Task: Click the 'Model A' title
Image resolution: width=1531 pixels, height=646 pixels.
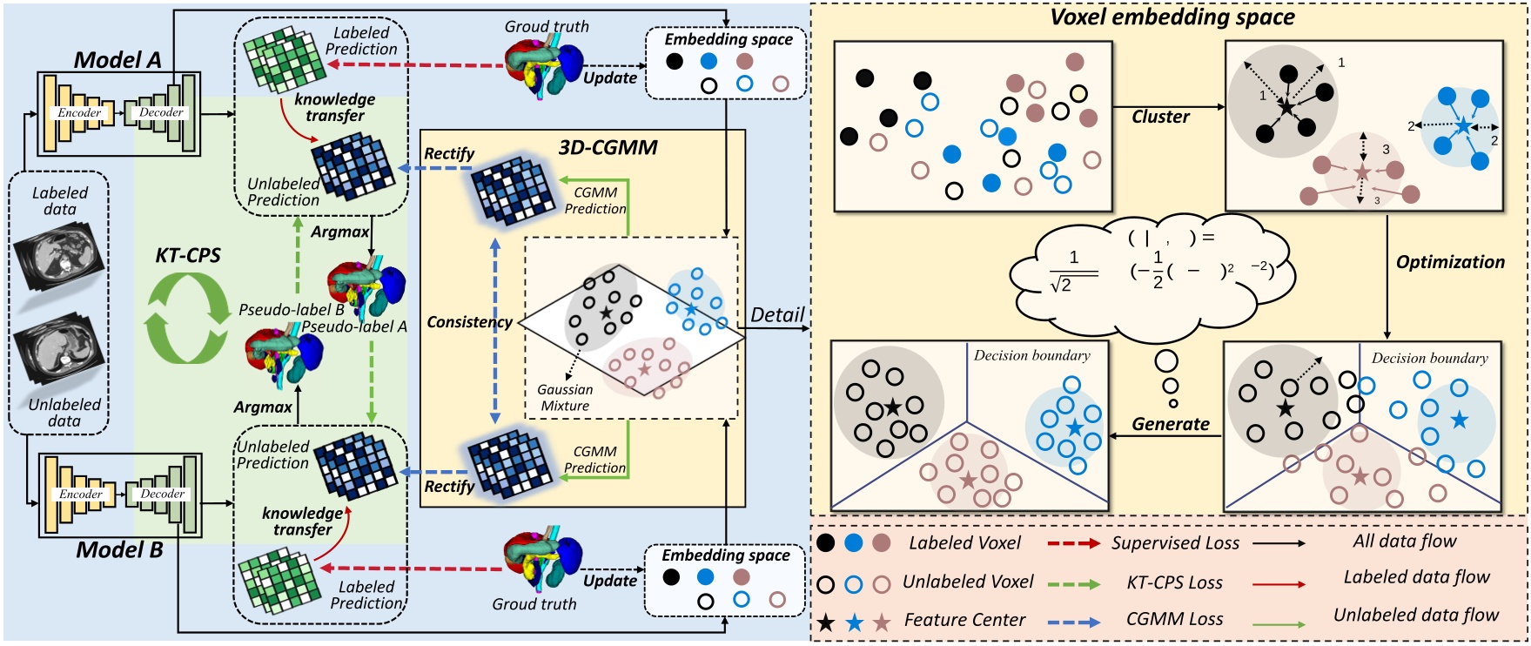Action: point(118,59)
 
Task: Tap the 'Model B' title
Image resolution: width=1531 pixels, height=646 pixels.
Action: point(119,549)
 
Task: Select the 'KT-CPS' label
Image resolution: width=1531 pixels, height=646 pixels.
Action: point(188,255)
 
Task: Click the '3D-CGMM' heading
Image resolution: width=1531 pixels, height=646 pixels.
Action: point(608,147)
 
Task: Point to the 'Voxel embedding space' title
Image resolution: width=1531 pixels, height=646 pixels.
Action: point(1172,17)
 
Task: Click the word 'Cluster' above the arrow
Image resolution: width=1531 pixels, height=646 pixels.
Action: point(1160,117)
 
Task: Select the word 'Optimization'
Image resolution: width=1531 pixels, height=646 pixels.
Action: point(1450,262)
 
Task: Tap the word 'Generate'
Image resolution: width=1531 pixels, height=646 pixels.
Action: point(1171,424)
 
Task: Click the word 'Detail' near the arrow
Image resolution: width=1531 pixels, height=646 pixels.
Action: point(777,315)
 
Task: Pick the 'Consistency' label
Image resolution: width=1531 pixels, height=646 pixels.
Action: point(469,322)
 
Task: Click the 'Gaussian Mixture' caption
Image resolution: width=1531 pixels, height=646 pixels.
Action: point(565,398)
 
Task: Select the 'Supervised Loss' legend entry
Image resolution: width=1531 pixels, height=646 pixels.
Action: point(1175,543)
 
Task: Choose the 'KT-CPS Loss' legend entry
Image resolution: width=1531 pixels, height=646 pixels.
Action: point(1174,582)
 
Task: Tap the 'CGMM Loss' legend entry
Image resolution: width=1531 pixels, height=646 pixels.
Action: point(1174,619)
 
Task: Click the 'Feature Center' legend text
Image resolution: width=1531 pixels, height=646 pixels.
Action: point(964,620)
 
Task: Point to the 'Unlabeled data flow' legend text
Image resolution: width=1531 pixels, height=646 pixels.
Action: point(1416,615)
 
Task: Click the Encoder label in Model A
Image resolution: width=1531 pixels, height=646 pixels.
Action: point(79,112)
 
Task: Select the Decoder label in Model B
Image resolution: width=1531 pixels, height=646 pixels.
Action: point(162,494)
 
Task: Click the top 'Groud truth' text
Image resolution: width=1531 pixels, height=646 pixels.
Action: point(547,27)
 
